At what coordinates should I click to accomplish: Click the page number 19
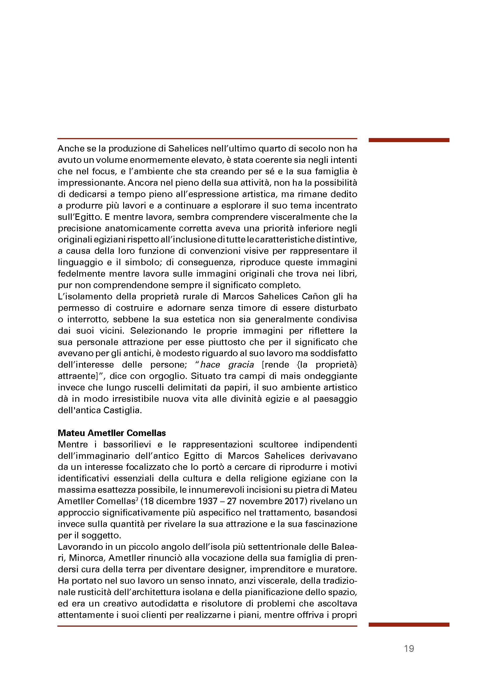point(409,648)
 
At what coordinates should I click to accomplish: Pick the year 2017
point(291,501)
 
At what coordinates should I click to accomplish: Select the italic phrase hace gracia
point(227,365)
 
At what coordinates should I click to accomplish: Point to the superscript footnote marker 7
point(137,499)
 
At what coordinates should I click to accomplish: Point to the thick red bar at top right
point(409,140)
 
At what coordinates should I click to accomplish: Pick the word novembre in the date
point(256,501)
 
